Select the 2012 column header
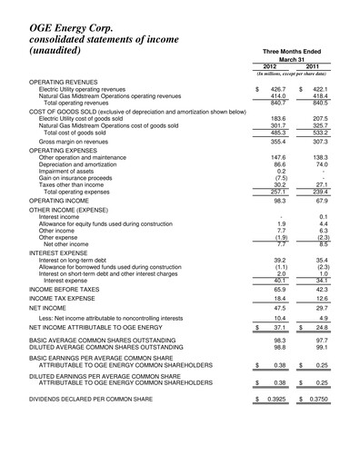click(x=271, y=66)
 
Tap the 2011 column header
click(x=313, y=66)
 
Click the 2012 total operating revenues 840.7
click(x=277, y=103)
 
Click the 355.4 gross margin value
click(x=277, y=143)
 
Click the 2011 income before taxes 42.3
click(x=320, y=288)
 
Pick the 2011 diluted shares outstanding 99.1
click(x=320, y=348)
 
